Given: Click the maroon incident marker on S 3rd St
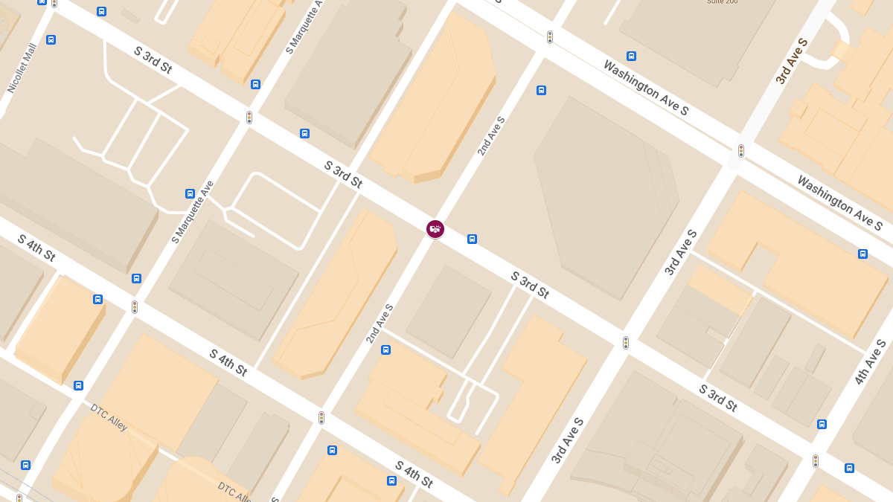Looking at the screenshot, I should pyautogui.click(x=435, y=229).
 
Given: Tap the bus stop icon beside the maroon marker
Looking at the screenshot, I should pyautogui.click(x=472, y=239).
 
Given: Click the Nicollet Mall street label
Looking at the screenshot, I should pyautogui.click(x=22, y=68).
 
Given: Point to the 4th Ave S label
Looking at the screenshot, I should pyautogui.click(x=871, y=362).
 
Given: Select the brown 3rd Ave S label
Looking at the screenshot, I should pyautogui.click(x=792, y=59).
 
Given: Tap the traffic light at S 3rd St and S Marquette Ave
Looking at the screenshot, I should pyautogui.click(x=249, y=118).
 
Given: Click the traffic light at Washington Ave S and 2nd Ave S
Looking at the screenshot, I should pyautogui.click(x=550, y=37).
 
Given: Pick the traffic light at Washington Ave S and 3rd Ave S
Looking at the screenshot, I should pyautogui.click(x=741, y=151).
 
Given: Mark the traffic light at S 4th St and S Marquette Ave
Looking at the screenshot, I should pyautogui.click(x=135, y=306).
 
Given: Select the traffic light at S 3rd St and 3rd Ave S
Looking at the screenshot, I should pyautogui.click(x=626, y=343).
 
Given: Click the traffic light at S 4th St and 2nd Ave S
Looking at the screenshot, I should pyautogui.click(x=321, y=418).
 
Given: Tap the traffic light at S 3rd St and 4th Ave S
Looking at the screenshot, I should pyautogui.click(x=816, y=460).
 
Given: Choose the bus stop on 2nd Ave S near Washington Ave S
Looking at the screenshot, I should pyautogui.click(x=541, y=90).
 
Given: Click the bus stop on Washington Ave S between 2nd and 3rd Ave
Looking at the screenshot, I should pyautogui.click(x=631, y=56).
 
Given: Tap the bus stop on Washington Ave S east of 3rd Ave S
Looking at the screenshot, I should pyautogui.click(x=862, y=254).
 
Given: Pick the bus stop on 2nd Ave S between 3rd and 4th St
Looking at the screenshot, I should pyautogui.click(x=385, y=350).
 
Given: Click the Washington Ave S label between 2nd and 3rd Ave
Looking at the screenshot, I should pyautogui.click(x=646, y=88).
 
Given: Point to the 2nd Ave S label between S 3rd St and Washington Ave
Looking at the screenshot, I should pyautogui.click(x=491, y=136).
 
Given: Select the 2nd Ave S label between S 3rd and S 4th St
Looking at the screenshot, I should pyautogui.click(x=380, y=324).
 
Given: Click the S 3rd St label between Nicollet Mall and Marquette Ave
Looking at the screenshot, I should pyautogui.click(x=153, y=59).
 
